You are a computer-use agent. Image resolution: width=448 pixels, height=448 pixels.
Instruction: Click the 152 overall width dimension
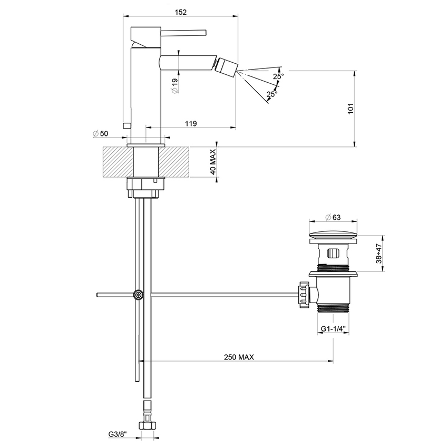[180, 11]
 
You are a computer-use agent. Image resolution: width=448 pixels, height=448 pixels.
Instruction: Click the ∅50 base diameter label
[100, 133]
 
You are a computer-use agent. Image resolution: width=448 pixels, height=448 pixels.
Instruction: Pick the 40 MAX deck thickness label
[213, 162]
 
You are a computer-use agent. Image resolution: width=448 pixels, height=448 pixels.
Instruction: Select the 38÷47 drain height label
[388, 252]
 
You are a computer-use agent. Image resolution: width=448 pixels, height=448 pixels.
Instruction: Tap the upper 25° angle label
[278, 76]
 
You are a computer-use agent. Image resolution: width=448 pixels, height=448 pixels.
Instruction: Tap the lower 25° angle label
[271, 94]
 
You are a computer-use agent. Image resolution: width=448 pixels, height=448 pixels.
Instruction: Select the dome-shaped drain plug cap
[335, 234]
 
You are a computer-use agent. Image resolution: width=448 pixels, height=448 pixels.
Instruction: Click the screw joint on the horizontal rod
[138, 295]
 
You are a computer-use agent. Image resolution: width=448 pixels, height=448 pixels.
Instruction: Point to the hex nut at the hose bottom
[148, 425]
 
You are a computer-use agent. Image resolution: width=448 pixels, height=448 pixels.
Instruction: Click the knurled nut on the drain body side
[304, 294]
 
